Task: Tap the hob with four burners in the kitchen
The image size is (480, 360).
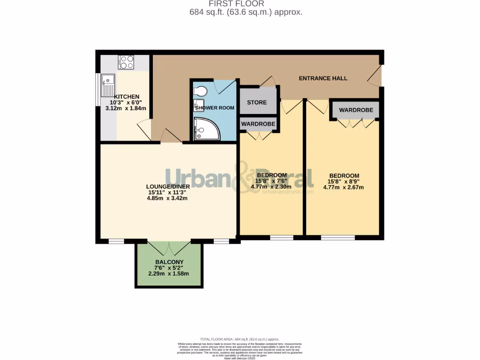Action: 126,62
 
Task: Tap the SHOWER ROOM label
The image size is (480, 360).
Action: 214,108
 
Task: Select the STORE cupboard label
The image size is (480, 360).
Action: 256,103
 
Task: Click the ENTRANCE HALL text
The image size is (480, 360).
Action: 323,78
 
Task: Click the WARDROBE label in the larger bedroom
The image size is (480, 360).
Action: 356,110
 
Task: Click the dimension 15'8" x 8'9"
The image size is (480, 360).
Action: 344,182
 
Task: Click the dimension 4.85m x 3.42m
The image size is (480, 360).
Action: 168,198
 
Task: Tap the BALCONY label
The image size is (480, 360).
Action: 169,262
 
